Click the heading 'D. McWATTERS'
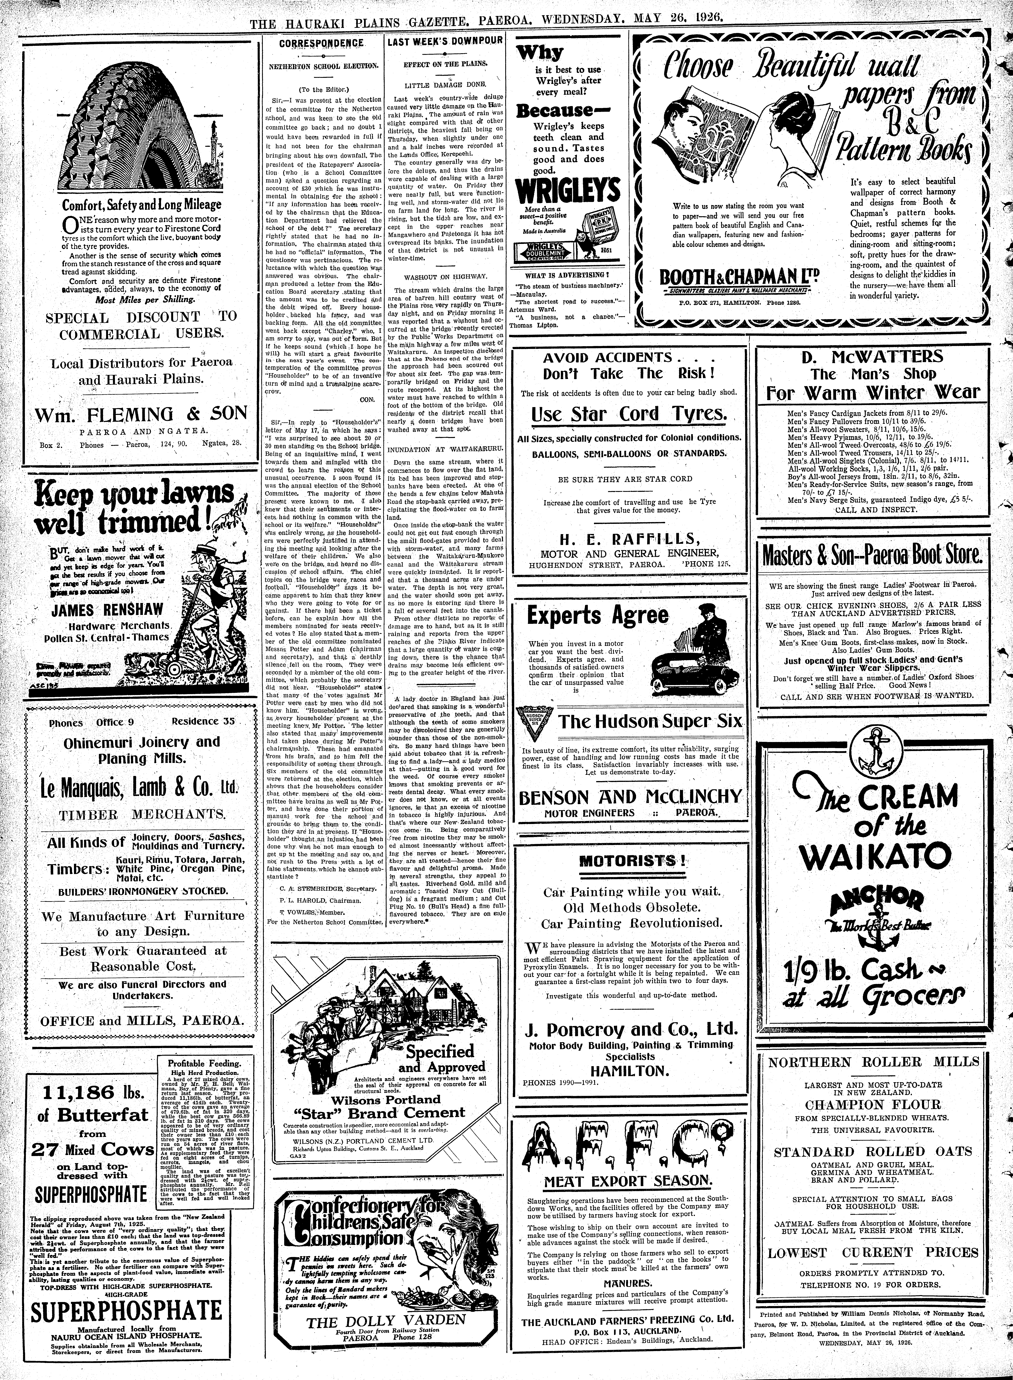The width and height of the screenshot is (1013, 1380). (x=873, y=357)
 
